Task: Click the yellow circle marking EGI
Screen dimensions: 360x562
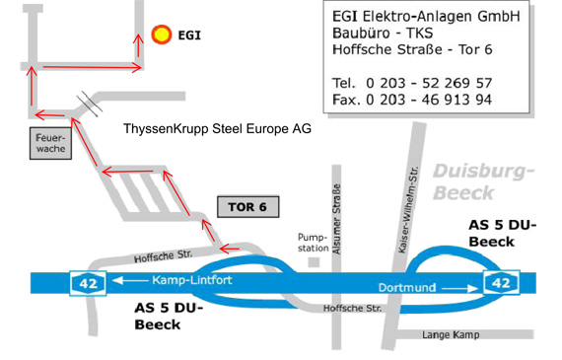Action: pos(161,35)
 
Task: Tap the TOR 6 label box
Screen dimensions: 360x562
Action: pos(247,207)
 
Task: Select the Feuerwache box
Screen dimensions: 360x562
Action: pos(49,143)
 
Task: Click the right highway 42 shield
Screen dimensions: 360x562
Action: pos(501,283)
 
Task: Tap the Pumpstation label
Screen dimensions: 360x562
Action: pos(313,243)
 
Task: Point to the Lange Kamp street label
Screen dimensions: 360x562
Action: pos(451,335)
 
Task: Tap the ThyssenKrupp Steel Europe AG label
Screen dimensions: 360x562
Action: pos(217,129)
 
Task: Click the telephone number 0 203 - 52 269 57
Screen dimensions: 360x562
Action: pos(428,82)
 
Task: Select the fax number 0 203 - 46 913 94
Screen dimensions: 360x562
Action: pos(428,100)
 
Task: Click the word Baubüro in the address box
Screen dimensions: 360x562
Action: pos(364,34)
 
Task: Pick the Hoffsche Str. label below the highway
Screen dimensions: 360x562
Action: pos(352,309)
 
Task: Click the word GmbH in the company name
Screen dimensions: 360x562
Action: pos(495,17)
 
